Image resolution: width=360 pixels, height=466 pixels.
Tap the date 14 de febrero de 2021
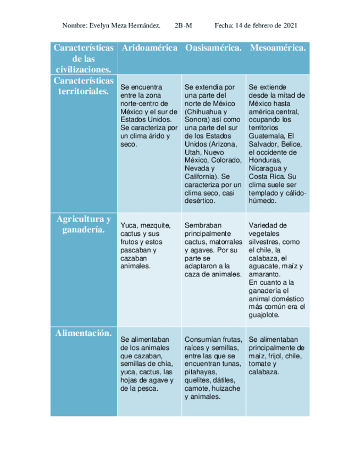[265, 26]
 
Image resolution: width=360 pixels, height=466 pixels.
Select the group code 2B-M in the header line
[182, 26]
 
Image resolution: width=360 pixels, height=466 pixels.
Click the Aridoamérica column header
[149, 48]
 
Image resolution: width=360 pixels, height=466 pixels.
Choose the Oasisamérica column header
[213, 48]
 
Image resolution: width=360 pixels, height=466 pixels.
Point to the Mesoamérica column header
[278, 48]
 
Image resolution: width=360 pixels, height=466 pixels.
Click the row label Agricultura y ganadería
[84, 224]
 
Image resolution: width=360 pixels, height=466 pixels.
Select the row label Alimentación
[84, 333]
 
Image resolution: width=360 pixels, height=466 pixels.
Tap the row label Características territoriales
[84, 86]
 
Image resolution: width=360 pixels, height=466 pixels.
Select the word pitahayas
[201, 372]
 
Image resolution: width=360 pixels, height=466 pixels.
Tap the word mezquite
[156, 225]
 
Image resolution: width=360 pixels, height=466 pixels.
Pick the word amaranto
[264, 274]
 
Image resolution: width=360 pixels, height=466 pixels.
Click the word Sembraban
[202, 225]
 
